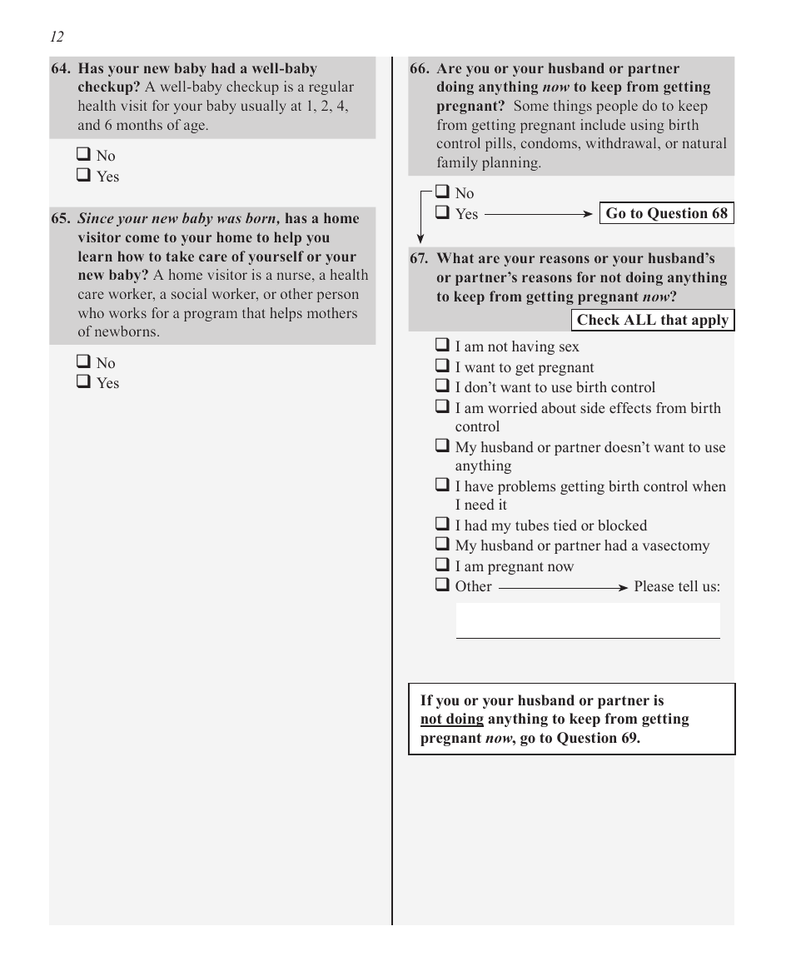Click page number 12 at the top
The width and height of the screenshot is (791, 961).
coord(57,37)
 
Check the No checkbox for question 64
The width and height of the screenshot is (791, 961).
coord(84,155)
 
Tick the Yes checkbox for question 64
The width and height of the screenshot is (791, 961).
coord(84,176)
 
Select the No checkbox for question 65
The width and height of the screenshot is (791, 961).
coord(84,362)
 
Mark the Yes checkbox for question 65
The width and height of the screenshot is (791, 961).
coord(84,382)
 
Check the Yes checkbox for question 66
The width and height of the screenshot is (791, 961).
coord(443,213)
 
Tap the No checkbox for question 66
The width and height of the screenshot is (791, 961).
coord(443,193)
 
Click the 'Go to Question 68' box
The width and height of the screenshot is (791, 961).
coord(666,213)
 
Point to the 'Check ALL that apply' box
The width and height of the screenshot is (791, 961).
coord(653,320)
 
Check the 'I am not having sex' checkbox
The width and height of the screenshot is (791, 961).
coord(443,346)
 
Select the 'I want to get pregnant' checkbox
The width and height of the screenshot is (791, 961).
coord(443,366)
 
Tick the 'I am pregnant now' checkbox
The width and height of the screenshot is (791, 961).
coord(443,565)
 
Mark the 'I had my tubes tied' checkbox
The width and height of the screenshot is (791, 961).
coord(443,525)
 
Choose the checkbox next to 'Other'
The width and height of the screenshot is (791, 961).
coord(443,585)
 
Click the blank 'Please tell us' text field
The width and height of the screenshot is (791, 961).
coord(588,620)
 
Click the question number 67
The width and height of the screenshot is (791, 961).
coord(419,258)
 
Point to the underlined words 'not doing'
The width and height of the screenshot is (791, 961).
coord(451,719)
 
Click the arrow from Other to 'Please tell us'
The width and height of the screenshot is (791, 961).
coord(563,587)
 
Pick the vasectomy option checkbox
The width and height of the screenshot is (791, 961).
coord(443,545)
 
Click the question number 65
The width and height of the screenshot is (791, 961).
coord(61,219)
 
